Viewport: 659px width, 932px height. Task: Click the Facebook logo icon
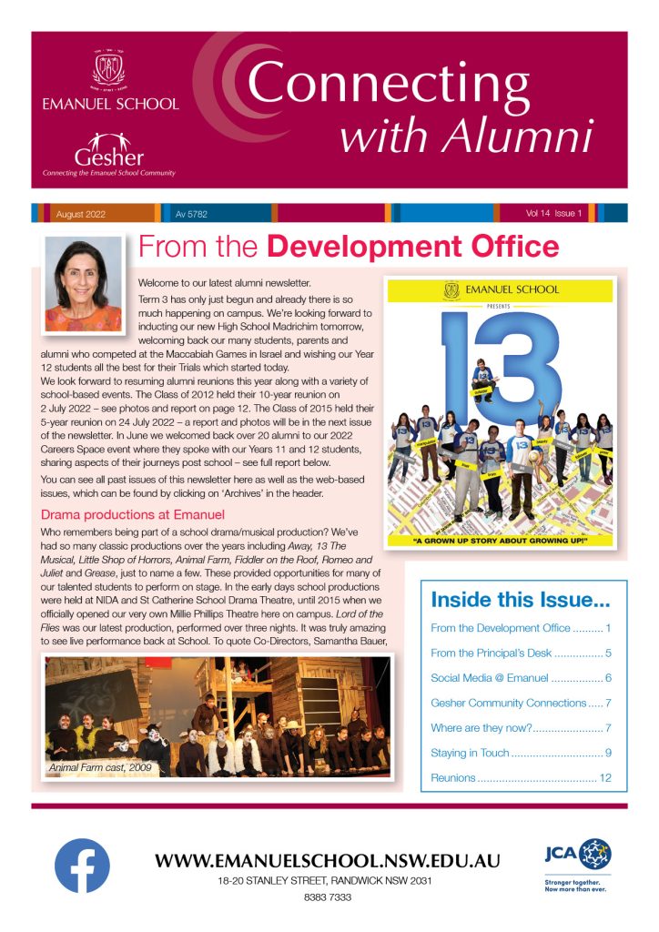82,865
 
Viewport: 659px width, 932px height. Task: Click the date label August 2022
81,214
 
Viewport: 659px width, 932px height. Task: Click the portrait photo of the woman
83,284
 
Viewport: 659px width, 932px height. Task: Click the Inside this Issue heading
520,601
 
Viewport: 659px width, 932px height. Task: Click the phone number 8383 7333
329,897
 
